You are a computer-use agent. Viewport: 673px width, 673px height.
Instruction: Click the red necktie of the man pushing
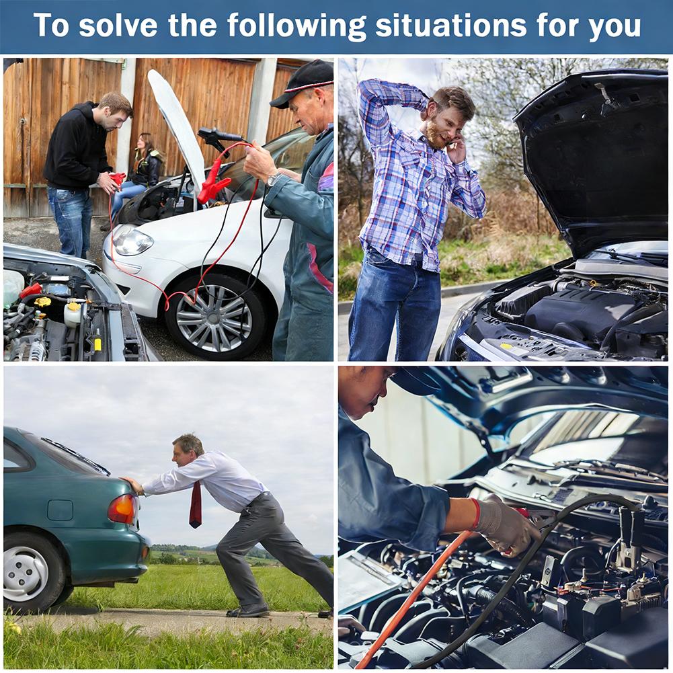point(196,504)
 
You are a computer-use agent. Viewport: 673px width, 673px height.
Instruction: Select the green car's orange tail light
point(122,508)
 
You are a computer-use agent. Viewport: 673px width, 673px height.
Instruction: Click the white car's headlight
point(132,240)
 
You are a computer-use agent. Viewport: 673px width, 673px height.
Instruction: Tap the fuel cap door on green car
point(60,510)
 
